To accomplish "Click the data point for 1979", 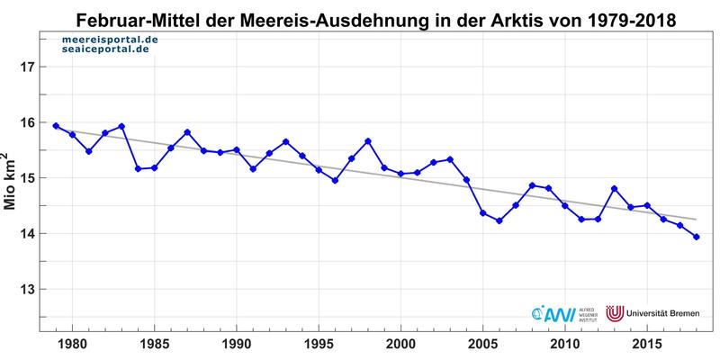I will coord(56,126).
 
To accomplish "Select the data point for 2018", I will coord(697,237).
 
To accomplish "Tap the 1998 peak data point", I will coord(368,141).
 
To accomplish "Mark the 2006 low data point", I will coord(499,220).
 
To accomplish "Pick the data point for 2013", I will coord(615,189).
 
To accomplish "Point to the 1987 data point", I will coord(187,132).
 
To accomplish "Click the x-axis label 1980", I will coord(72,345).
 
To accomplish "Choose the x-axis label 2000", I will coord(400,345).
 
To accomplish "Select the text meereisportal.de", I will coord(110,41).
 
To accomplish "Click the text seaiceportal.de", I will coord(106,52).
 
